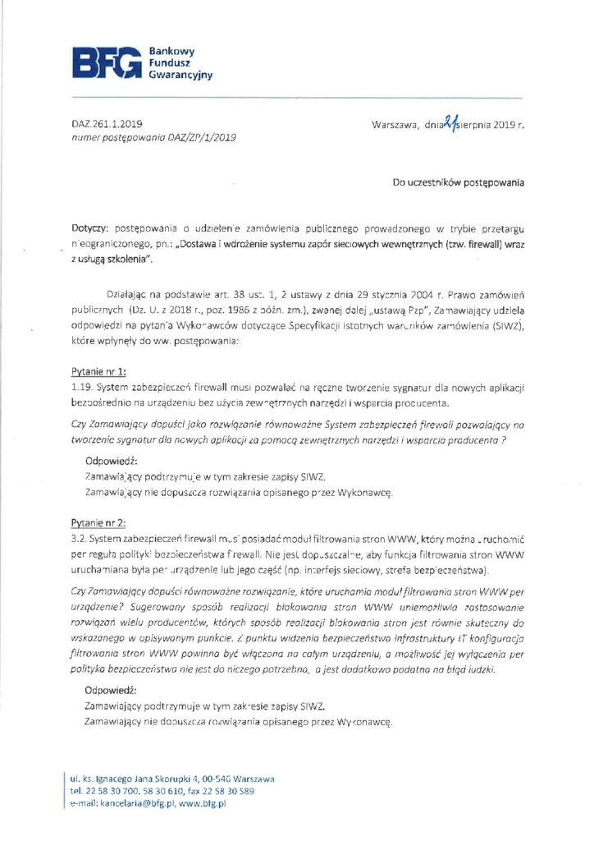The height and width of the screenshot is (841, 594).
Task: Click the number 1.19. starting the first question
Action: pos(83,386)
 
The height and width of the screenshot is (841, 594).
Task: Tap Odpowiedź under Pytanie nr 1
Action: pos(112,462)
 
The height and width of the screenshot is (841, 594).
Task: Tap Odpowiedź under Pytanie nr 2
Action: pos(112,691)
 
